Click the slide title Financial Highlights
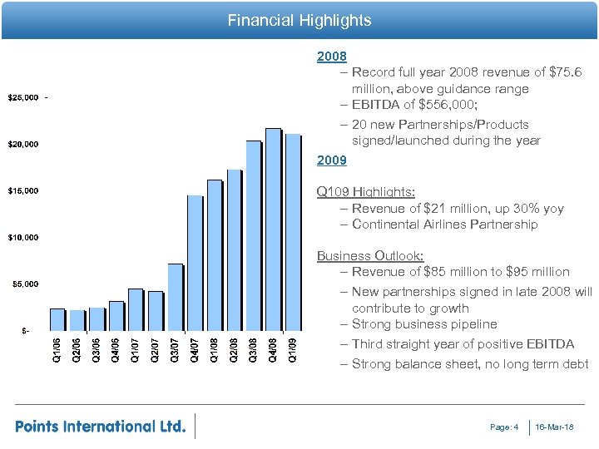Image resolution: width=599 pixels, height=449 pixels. click(299, 20)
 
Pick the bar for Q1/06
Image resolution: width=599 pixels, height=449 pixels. click(57, 320)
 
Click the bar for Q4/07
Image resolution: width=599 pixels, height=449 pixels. click(195, 263)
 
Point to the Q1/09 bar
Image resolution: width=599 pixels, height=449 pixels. click(293, 233)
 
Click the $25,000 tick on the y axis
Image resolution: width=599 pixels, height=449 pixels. click(24, 98)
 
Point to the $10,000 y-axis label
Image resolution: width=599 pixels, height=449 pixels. click(24, 238)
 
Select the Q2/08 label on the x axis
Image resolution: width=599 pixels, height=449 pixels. click(234, 348)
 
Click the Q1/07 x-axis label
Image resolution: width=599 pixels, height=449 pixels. click(135, 348)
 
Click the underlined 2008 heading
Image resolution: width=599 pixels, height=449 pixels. click(331, 58)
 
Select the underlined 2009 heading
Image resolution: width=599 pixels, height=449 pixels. click(331, 160)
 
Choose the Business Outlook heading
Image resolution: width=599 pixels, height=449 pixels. click(370, 255)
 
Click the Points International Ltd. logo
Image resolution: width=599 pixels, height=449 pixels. click(101, 426)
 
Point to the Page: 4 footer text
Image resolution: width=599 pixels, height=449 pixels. click(504, 427)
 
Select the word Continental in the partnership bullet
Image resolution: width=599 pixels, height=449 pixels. click(389, 224)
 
